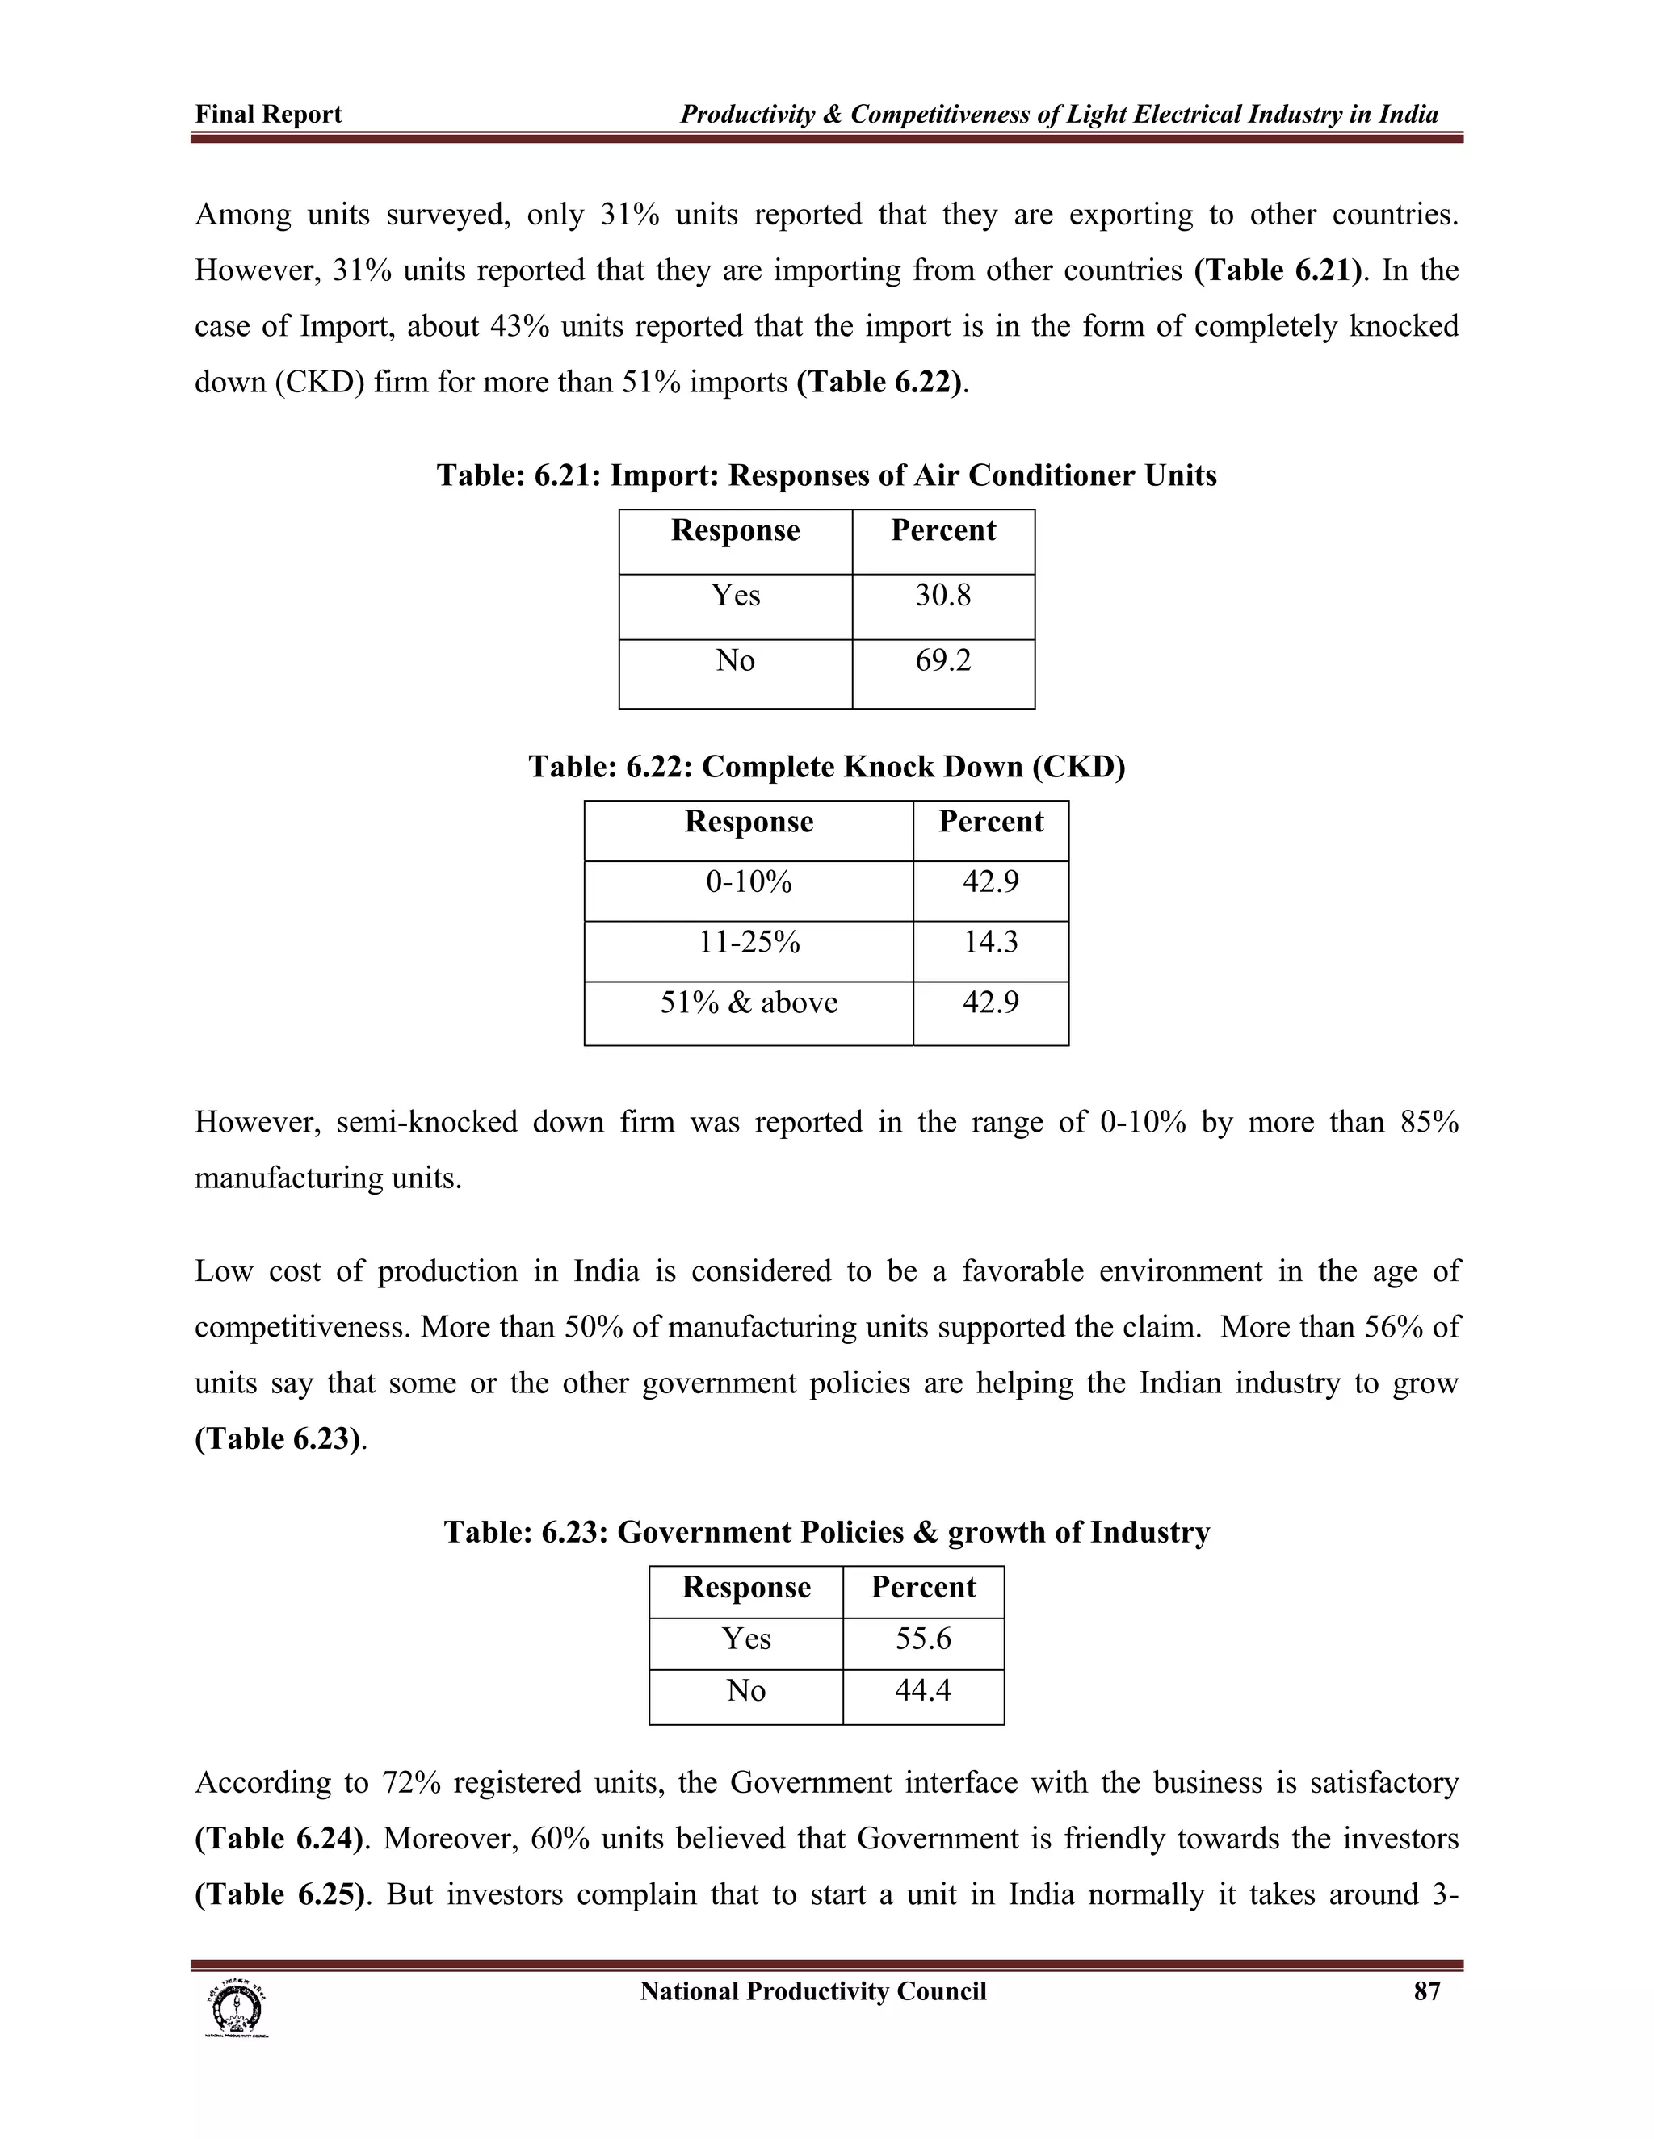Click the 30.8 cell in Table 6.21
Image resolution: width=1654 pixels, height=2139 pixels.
click(x=942, y=596)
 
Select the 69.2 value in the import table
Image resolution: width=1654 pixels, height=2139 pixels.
click(x=942, y=661)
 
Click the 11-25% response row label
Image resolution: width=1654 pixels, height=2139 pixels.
click(x=749, y=942)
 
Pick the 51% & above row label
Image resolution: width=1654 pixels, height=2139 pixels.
click(x=749, y=1003)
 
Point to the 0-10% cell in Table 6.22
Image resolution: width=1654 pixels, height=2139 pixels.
click(x=749, y=882)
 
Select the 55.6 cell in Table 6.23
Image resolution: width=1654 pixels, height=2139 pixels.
click(x=923, y=1639)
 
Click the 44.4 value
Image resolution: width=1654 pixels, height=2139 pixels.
click(x=923, y=1691)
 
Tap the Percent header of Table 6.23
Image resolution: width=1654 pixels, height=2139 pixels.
click(x=923, y=1588)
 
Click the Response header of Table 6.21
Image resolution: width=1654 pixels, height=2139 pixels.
click(x=735, y=531)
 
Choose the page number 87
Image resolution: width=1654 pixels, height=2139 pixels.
click(x=1427, y=1991)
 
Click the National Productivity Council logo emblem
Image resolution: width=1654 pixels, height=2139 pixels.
click(x=235, y=2007)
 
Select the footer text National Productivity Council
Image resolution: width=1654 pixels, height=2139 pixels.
click(x=812, y=1991)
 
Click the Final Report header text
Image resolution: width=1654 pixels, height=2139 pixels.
click(x=268, y=115)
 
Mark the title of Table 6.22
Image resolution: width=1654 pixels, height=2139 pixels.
click(x=826, y=767)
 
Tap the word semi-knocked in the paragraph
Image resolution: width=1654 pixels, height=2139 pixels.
click(x=426, y=1121)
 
